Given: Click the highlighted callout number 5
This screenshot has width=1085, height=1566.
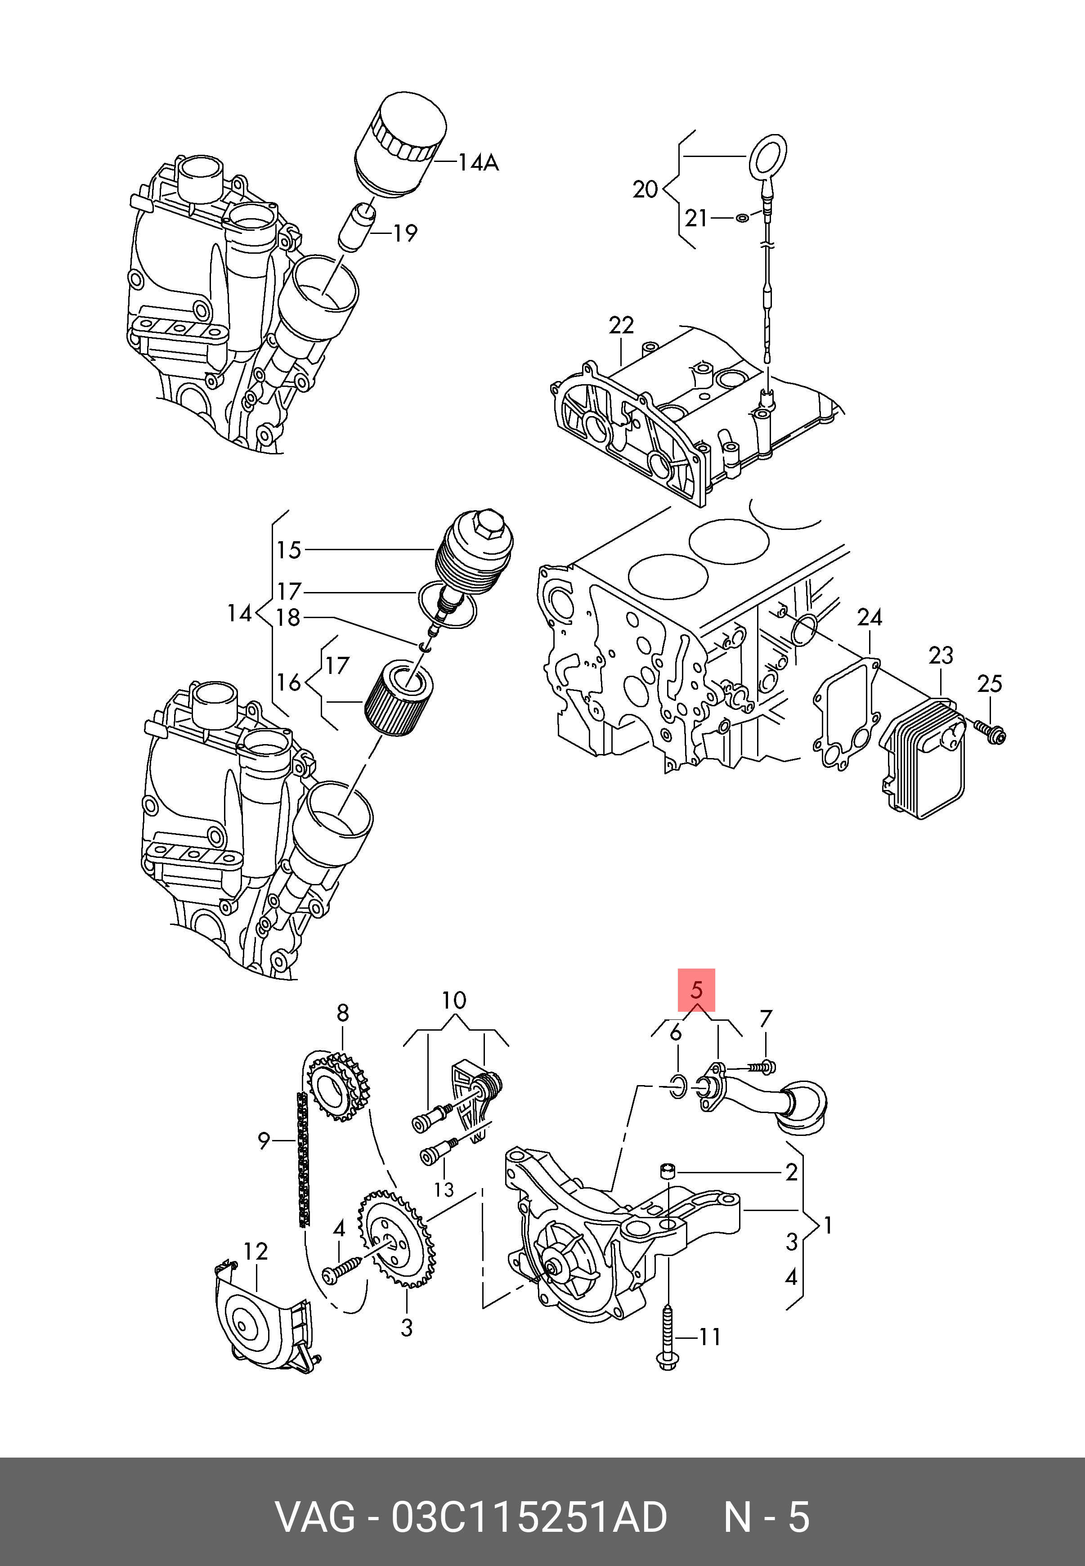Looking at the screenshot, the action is coord(696,990).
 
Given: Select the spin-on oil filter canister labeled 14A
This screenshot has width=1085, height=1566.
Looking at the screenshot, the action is coord(401,147).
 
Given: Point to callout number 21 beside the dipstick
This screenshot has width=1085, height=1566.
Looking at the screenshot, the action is coord(696,218).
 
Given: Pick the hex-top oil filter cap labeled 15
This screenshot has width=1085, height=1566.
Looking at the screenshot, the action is coord(474,552).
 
